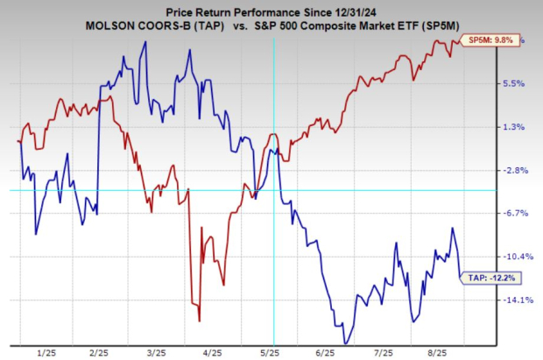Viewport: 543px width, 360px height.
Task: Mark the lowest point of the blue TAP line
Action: pyautogui.click(x=346, y=342)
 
